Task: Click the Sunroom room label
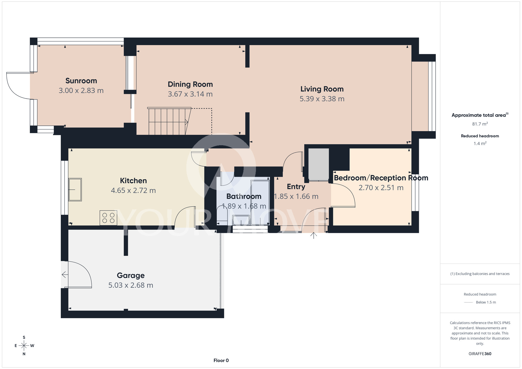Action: [x=81, y=81]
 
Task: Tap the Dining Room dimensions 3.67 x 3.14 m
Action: [x=190, y=94]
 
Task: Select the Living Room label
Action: [x=322, y=89]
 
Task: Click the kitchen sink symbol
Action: [x=75, y=189]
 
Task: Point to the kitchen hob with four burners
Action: [x=108, y=218]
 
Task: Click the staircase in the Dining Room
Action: [x=169, y=121]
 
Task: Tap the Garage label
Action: [x=131, y=276]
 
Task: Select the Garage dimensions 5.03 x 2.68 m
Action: [x=131, y=285]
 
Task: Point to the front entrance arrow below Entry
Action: [x=313, y=235]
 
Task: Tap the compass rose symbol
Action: [x=24, y=346]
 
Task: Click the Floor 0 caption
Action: [x=221, y=361]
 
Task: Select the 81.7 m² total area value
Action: [x=480, y=124]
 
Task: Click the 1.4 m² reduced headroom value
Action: [x=480, y=144]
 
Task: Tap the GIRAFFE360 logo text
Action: [x=480, y=354]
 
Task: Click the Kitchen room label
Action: [x=133, y=181]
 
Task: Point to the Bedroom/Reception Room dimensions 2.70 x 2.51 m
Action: [x=381, y=188]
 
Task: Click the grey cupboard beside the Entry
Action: [x=319, y=164]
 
